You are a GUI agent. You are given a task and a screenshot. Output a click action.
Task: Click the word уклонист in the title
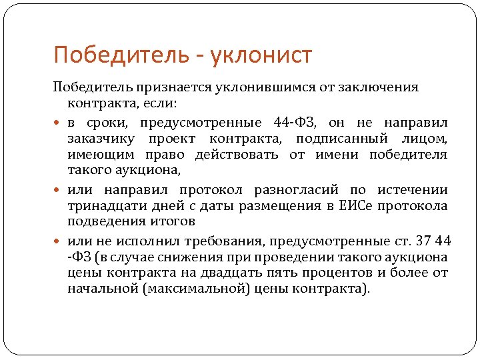[x=261, y=55]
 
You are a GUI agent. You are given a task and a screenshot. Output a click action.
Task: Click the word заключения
[x=378, y=88]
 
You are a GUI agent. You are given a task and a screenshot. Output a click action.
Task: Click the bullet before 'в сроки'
[x=59, y=123]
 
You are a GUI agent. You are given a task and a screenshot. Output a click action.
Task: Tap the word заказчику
[x=99, y=139]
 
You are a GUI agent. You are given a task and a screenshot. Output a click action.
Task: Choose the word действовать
[x=238, y=155]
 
